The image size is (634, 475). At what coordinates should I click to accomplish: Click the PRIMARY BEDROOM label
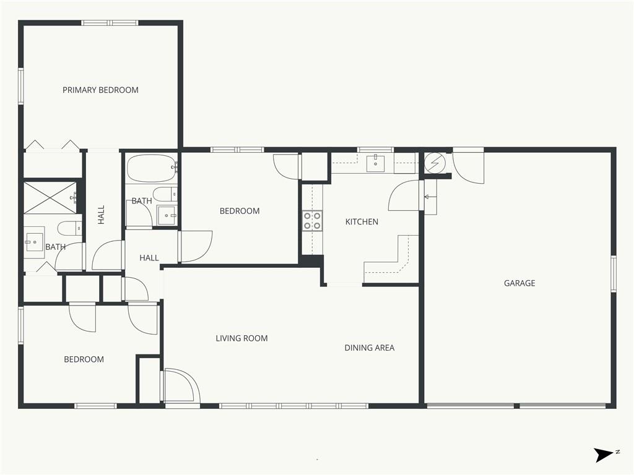click(100, 90)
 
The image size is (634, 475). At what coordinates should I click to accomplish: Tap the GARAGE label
click(519, 283)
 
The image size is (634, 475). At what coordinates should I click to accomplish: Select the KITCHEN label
click(362, 222)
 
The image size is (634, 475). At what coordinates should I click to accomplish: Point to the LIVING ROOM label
click(241, 338)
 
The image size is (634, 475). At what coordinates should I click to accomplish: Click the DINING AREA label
click(369, 348)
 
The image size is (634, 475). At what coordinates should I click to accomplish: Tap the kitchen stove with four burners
click(312, 221)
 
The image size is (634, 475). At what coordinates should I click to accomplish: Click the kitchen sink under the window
click(376, 163)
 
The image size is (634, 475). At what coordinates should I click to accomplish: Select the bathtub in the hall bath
click(152, 168)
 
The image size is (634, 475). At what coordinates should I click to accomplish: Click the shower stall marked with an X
click(50, 197)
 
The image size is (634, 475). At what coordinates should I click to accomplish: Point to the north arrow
click(604, 455)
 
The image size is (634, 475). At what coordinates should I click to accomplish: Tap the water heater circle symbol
click(435, 163)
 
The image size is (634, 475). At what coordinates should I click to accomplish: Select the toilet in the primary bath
click(70, 229)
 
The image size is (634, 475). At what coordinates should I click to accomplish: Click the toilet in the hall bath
click(165, 194)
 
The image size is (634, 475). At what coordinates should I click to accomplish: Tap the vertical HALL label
click(101, 215)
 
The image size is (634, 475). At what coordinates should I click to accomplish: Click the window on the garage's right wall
click(614, 273)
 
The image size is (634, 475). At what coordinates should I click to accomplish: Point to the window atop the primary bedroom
click(110, 23)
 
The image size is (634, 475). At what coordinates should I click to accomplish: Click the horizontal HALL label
click(149, 258)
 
